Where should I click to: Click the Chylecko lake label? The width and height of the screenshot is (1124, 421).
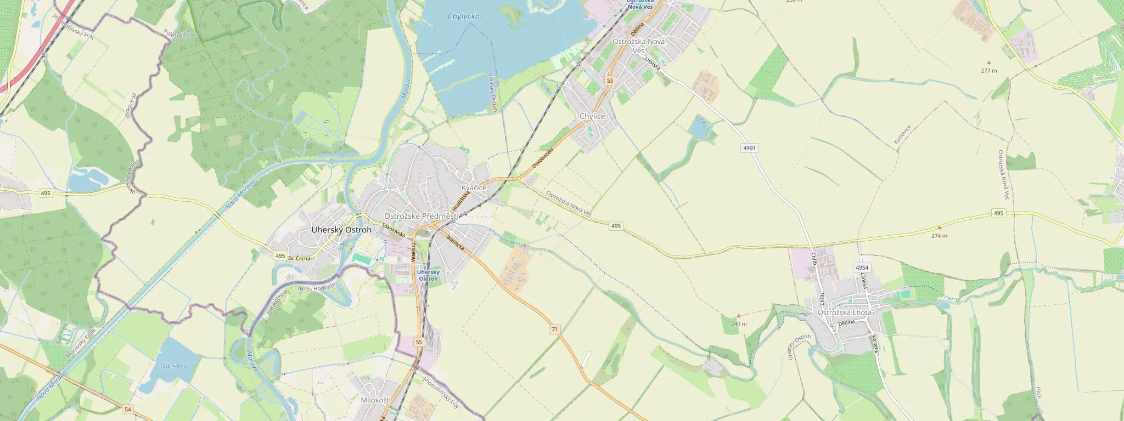tap(463, 16)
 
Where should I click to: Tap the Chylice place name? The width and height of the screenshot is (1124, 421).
tap(592, 116)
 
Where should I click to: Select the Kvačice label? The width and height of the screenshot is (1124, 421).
tap(474, 187)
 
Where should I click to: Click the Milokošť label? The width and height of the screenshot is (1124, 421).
tap(375, 400)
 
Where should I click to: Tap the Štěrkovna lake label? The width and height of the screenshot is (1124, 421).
tap(175, 366)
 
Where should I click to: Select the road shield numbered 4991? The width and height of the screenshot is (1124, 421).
tap(749, 148)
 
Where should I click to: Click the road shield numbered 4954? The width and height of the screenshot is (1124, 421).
tap(862, 268)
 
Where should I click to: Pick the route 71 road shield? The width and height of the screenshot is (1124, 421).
tap(555, 329)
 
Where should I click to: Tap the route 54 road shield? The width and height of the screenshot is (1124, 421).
tap(128, 409)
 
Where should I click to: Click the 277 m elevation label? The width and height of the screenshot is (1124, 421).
tap(989, 71)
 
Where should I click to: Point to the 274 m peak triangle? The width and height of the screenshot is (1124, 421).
tap(939, 227)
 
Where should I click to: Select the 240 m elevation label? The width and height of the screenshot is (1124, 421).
tap(739, 324)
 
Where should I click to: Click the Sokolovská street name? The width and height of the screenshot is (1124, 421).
tap(394, 230)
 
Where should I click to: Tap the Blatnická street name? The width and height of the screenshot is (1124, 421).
tap(455, 243)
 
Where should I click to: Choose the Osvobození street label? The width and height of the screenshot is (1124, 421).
tap(543, 158)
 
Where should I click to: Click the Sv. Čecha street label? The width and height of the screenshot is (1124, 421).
tap(299, 258)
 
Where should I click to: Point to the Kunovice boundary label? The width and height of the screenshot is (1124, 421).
tap(902, 134)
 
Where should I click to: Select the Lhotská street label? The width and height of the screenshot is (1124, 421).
tap(653, 63)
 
